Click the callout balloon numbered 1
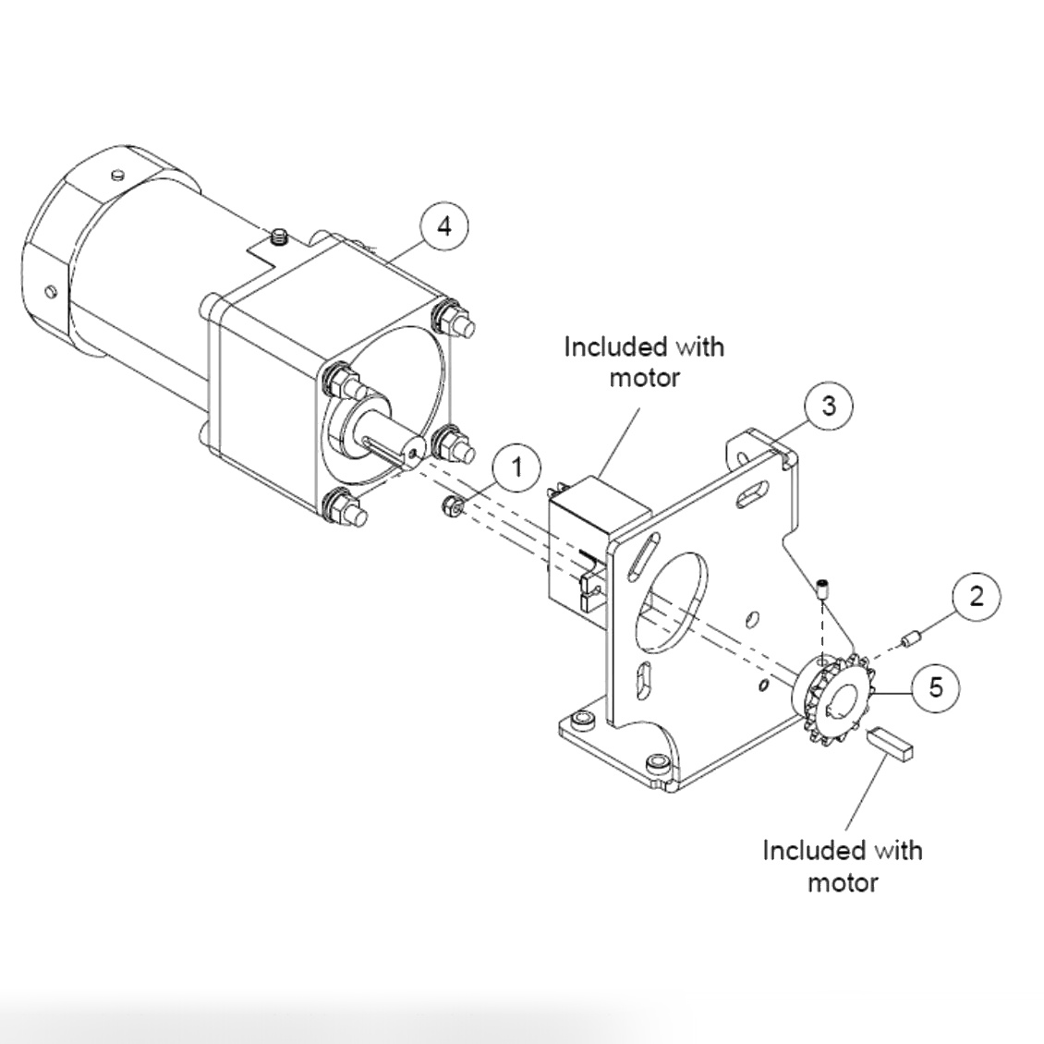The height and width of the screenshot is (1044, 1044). coord(516,468)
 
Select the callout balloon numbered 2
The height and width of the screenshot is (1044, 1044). coord(977,597)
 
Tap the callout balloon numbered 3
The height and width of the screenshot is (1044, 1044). coord(828,406)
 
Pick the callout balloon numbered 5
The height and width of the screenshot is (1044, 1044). coord(936,687)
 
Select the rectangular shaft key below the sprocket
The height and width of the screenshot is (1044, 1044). coord(891,743)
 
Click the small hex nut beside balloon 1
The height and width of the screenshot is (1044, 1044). coord(454,505)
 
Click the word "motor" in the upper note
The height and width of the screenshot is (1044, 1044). coord(645,378)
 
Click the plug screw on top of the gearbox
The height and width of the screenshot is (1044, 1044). coord(278,238)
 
